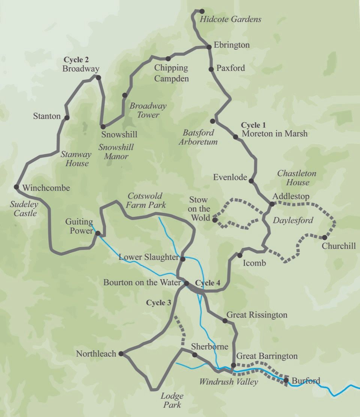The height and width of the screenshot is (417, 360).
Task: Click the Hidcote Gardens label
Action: [230, 19]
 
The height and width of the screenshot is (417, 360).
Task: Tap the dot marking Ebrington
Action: [210, 47]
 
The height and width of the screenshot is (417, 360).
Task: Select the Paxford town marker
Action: [211, 69]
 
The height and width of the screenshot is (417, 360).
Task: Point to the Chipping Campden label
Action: [171, 73]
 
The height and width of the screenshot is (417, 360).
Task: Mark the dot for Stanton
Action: [67, 118]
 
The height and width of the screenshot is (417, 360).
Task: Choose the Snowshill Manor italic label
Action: [116, 152]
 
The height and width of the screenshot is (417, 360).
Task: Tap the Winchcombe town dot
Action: [16, 187]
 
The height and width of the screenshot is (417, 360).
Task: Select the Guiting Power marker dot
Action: [97, 233]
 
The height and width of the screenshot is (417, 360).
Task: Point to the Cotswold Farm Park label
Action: [146, 200]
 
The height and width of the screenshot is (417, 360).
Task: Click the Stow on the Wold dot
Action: [214, 220]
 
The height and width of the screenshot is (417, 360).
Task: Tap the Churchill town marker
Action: [324, 237]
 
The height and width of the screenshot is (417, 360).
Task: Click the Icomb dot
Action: [240, 256]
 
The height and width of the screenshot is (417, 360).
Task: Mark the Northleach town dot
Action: [121, 354]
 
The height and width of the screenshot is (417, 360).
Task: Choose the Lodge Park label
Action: [172, 400]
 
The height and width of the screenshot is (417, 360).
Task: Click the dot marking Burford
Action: [286, 381]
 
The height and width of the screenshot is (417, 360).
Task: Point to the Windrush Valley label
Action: [228, 382]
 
